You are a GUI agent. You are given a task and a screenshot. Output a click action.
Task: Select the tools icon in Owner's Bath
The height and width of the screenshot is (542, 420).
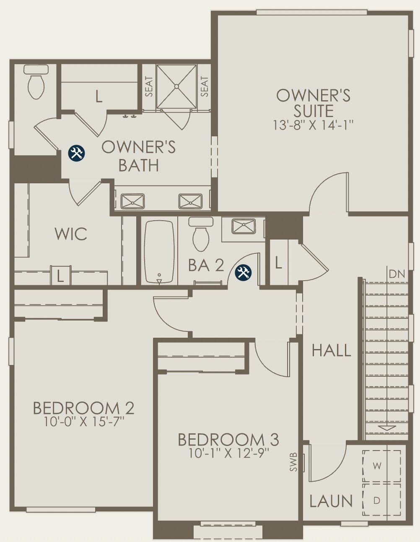click(77, 153)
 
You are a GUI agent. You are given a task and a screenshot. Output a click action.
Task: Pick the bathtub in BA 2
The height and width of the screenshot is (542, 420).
click(159, 252)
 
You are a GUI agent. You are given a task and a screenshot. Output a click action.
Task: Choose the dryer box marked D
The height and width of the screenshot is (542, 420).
click(377, 500)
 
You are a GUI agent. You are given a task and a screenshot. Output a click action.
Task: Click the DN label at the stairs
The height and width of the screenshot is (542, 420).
click(397, 274)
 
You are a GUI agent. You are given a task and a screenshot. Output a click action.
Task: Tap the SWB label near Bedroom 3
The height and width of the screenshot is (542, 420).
click(293, 462)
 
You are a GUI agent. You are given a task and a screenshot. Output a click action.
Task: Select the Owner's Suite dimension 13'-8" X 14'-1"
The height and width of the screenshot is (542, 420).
click(314, 125)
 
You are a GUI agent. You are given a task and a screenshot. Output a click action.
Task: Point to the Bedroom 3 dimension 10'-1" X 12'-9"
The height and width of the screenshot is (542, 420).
click(228, 453)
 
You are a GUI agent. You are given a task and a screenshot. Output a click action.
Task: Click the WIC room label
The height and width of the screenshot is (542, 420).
click(71, 234)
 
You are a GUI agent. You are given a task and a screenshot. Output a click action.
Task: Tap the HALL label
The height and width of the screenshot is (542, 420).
click(331, 350)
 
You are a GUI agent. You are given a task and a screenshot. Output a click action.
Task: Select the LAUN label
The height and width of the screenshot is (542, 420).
click(331, 501)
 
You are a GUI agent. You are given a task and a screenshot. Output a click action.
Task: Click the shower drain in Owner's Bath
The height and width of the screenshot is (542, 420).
click(176, 86)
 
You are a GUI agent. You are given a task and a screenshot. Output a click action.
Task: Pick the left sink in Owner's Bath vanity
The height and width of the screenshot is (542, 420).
click(132, 201)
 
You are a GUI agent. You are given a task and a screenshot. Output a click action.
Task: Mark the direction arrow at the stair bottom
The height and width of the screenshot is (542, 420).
click(386, 428)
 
